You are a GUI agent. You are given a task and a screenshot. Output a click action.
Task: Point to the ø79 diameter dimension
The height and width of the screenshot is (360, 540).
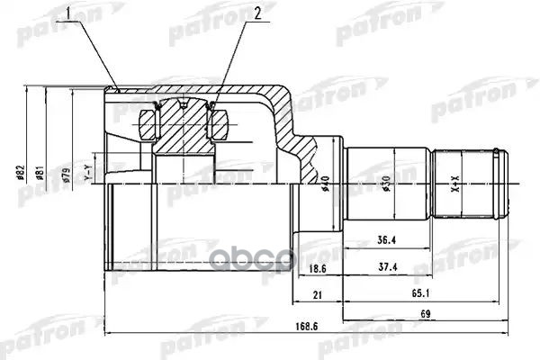click(x=67, y=178)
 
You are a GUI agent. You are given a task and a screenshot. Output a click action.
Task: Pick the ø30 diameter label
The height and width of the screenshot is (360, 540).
click(x=387, y=184)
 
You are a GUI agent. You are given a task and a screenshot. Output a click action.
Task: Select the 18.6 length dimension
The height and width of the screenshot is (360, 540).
click(x=314, y=269)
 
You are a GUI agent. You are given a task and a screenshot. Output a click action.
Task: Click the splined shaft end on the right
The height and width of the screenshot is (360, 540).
click(x=468, y=184)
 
